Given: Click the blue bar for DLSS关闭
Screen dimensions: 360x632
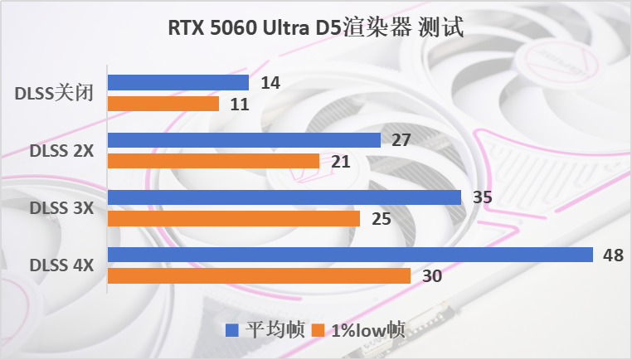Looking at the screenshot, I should coord(177,83).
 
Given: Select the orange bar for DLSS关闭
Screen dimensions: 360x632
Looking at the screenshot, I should coord(163,104).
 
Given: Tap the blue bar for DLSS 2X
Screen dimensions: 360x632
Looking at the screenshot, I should coord(244,139).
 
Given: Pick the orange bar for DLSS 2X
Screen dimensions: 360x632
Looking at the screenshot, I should coord(213,161).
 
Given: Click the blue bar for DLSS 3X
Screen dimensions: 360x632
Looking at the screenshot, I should coord(284,197).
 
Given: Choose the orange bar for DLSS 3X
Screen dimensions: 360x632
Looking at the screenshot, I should coord(233,218).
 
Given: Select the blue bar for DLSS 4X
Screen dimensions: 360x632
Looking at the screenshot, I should coord(350,255).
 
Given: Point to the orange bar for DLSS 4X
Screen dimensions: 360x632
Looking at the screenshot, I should coord(259,275).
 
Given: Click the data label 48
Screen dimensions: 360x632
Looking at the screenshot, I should coord(613,255).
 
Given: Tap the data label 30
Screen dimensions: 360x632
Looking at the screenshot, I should coord(432,276).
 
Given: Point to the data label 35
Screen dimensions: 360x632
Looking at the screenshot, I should coord(483,197).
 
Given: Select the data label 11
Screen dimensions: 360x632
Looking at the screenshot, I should coord(239,105).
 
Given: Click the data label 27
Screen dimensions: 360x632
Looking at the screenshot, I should coord(401,140).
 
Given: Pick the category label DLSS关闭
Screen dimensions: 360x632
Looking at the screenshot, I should coord(53,94).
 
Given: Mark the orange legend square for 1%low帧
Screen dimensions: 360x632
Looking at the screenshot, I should coord(318,330).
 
